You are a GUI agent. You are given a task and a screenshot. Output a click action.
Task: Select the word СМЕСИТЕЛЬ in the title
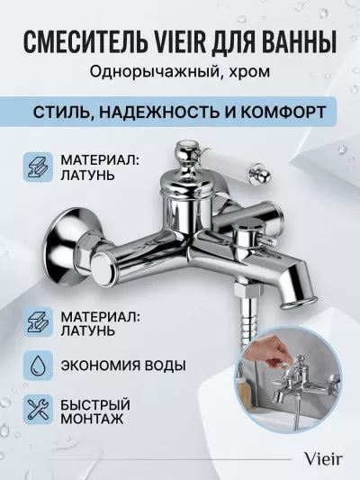[83, 41]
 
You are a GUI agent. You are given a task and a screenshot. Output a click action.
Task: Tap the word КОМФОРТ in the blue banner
[282, 112]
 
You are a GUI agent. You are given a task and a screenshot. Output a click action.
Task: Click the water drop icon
[38, 366]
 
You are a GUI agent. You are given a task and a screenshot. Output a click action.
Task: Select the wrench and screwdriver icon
[38, 409]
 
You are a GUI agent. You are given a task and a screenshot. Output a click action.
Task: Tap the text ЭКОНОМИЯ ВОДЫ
[123, 366]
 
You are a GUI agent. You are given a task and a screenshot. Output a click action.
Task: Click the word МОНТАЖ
[92, 418]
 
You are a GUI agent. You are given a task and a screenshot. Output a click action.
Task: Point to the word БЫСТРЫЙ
[95, 404]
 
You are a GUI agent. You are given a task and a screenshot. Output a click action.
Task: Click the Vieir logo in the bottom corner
[322, 458]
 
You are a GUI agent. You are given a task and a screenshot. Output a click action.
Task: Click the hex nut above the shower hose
[247, 289]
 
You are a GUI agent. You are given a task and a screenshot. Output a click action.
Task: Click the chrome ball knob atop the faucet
[184, 153]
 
